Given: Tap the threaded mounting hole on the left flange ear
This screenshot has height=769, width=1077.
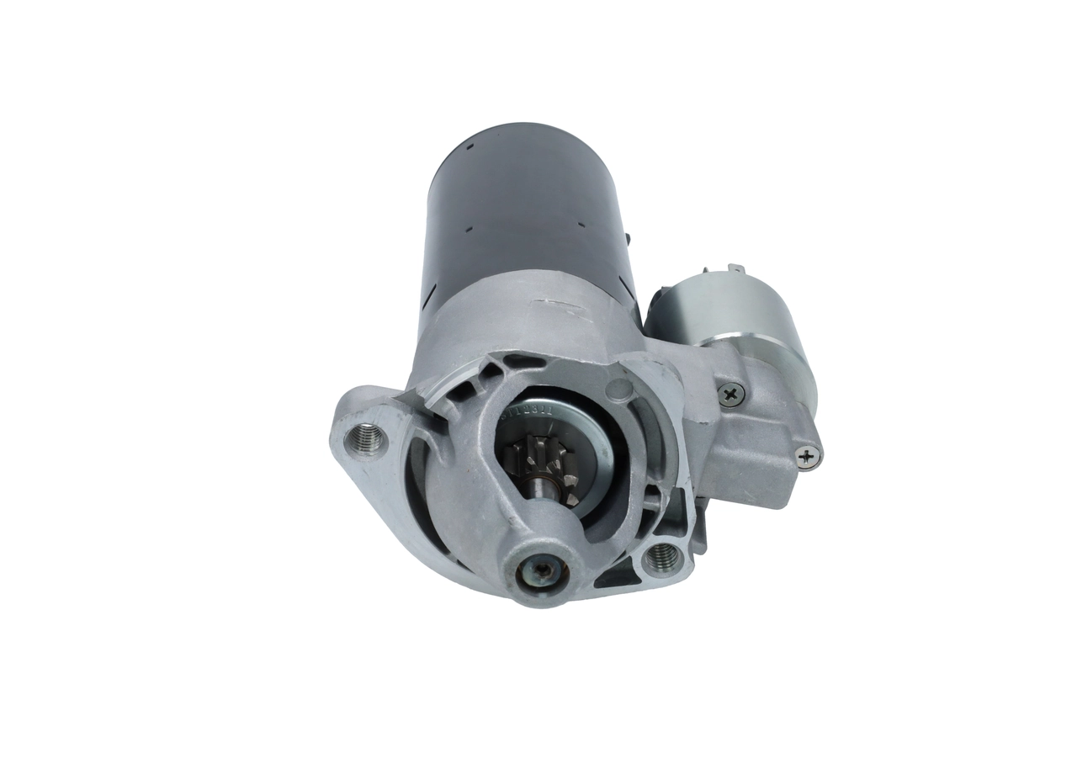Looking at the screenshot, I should click(x=368, y=437).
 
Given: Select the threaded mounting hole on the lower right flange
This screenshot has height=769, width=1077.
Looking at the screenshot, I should click(x=662, y=555).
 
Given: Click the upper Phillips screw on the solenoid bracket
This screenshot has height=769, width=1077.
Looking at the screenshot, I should click(x=731, y=393).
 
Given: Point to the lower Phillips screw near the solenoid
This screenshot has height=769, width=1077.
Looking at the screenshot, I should click(x=808, y=457).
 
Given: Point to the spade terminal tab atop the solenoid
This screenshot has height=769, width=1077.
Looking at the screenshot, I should click(x=739, y=270).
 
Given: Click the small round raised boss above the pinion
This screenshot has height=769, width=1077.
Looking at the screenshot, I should click(x=618, y=390).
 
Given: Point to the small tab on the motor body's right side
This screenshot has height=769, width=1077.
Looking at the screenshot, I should click(x=628, y=240).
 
